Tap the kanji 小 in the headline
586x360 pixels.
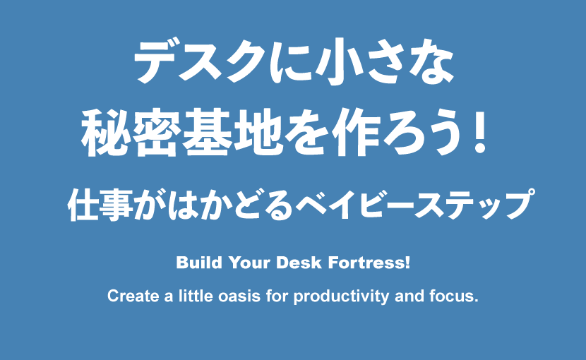coord(336,61)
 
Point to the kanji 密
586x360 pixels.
coord(155,132)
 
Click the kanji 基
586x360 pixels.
coord(206,132)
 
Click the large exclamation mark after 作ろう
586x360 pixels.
coord(479,133)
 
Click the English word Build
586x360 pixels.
coord(199,263)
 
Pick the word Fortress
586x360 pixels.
coord(367,263)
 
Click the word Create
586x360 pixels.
coord(133,296)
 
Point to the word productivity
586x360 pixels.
coord(341,296)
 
